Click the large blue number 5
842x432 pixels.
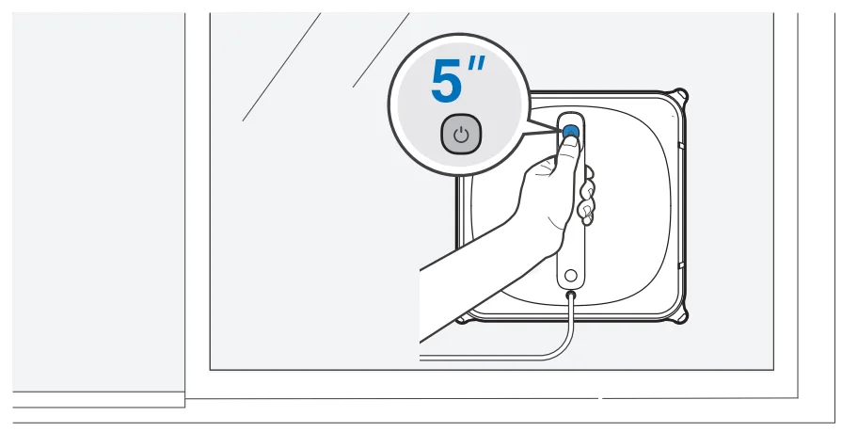coord(448,83)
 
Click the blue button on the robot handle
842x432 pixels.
coord(570,131)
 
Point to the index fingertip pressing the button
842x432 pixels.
coord(568,142)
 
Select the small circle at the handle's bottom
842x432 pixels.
coord(570,278)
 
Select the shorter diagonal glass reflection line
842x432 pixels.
coord(380,51)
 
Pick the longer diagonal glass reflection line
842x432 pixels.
coord(280,67)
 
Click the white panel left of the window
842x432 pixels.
coord(98,198)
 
